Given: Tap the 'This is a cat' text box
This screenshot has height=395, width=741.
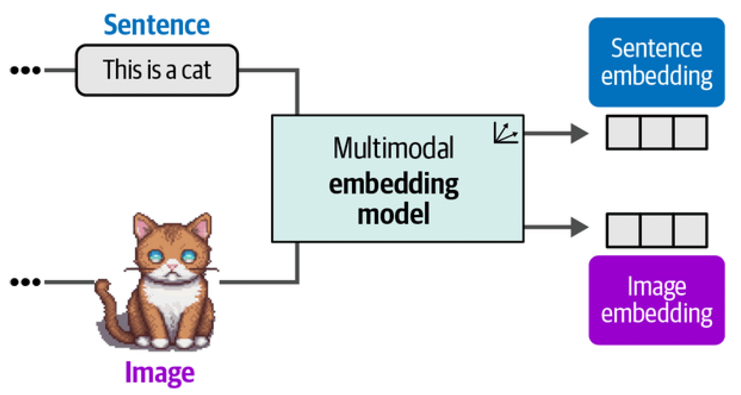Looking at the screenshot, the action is click(x=157, y=70).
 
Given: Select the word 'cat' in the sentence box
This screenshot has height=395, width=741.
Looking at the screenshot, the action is click(x=196, y=70).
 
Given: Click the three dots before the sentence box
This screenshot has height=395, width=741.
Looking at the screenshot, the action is click(x=25, y=70).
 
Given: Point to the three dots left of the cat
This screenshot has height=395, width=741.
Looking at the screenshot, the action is click(x=25, y=282).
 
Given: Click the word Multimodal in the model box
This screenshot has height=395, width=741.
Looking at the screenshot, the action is click(x=393, y=148).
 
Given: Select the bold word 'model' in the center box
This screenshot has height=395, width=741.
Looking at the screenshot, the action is click(x=393, y=214).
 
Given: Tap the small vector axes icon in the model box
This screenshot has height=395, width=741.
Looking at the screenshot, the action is click(x=505, y=133).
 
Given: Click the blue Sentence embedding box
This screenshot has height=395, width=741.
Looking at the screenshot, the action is click(x=657, y=62).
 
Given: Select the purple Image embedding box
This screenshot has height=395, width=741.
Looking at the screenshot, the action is click(x=657, y=300).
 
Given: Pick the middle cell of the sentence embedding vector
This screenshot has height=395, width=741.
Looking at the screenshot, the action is click(x=657, y=132).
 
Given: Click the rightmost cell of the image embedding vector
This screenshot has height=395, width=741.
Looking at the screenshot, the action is click(x=690, y=230).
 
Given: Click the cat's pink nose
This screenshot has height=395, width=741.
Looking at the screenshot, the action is click(x=172, y=266).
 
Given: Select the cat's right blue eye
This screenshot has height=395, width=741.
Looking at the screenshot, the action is click(x=189, y=256).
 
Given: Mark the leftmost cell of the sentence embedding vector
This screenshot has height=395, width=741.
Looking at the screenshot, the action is click(x=624, y=132).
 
